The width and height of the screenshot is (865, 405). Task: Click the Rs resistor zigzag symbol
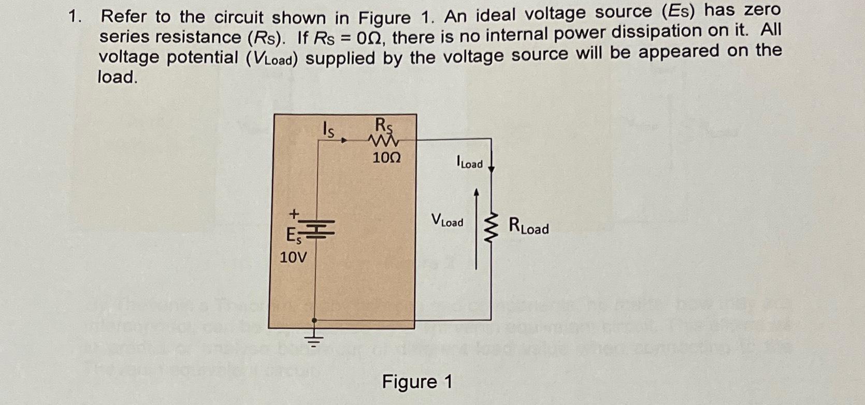384,140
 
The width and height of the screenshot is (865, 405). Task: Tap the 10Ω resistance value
386,157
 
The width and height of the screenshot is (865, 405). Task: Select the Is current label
328,129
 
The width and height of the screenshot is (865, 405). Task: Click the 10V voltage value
293,257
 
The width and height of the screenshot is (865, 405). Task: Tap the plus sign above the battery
294,213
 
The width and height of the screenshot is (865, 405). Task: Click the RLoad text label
528,226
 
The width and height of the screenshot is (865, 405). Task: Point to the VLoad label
447,221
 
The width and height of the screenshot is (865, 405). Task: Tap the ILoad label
469,163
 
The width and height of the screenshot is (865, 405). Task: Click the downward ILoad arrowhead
492,168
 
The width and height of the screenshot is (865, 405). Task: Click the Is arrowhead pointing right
343,139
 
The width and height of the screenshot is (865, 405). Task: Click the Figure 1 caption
417,382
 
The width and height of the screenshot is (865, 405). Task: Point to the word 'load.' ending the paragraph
118,77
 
